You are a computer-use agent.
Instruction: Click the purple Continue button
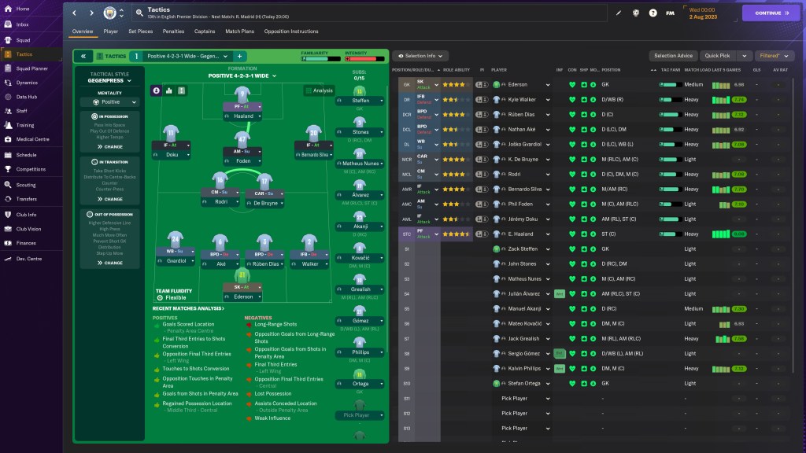771,13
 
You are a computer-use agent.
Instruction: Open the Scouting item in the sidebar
25,184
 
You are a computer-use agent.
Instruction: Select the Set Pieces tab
140,31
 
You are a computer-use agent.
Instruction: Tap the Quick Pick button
717,56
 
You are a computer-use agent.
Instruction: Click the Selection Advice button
673,56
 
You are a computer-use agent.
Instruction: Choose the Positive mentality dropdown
110,102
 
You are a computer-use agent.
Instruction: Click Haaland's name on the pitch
243,116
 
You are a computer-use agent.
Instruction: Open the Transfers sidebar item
26,199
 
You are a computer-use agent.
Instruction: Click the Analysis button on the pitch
319,90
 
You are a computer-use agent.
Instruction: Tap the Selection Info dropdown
420,56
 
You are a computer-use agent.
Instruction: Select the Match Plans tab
239,31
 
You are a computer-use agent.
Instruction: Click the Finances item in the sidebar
26,243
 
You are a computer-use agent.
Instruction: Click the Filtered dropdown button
774,56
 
